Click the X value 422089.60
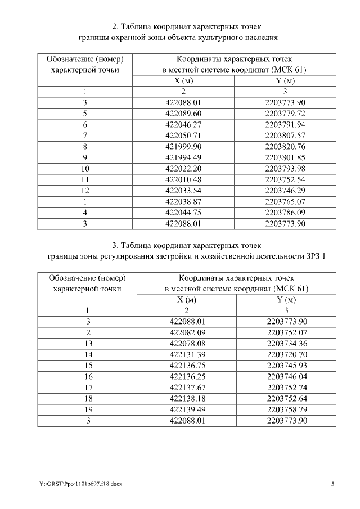tap(183, 113)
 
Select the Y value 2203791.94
tap(285, 124)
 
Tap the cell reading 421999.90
tap(183, 146)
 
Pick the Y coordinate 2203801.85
tap(285, 157)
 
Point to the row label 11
tap(85, 179)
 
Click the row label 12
tap(85, 190)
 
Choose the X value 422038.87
tap(183, 201)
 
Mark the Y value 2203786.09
tap(285, 212)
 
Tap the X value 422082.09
tap(187, 332)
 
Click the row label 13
tap(88, 343)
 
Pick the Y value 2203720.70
tap(286, 354)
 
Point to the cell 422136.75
tap(187, 365)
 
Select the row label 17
tap(88, 387)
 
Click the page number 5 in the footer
tap(332, 483)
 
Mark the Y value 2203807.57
tap(285, 135)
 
